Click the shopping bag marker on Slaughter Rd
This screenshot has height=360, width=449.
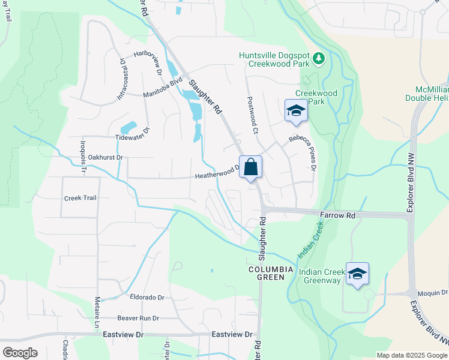[x=251, y=167]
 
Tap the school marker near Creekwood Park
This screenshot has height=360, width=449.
[x=295, y=110]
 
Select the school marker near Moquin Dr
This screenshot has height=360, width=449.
[x=358, y=274]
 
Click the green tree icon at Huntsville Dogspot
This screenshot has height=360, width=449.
[x=319, y=59]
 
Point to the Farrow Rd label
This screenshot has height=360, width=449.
[x=338, y=215]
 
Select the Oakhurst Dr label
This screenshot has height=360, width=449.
[x=105, y=157]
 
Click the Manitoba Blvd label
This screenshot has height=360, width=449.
[x=163, y=89]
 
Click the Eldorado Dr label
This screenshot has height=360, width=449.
[x=146, y=297]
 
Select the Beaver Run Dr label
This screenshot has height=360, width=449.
[x=139, y=318]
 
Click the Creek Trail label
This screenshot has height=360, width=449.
[x=80, y=197]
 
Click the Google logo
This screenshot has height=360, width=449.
[x=19, y=352]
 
